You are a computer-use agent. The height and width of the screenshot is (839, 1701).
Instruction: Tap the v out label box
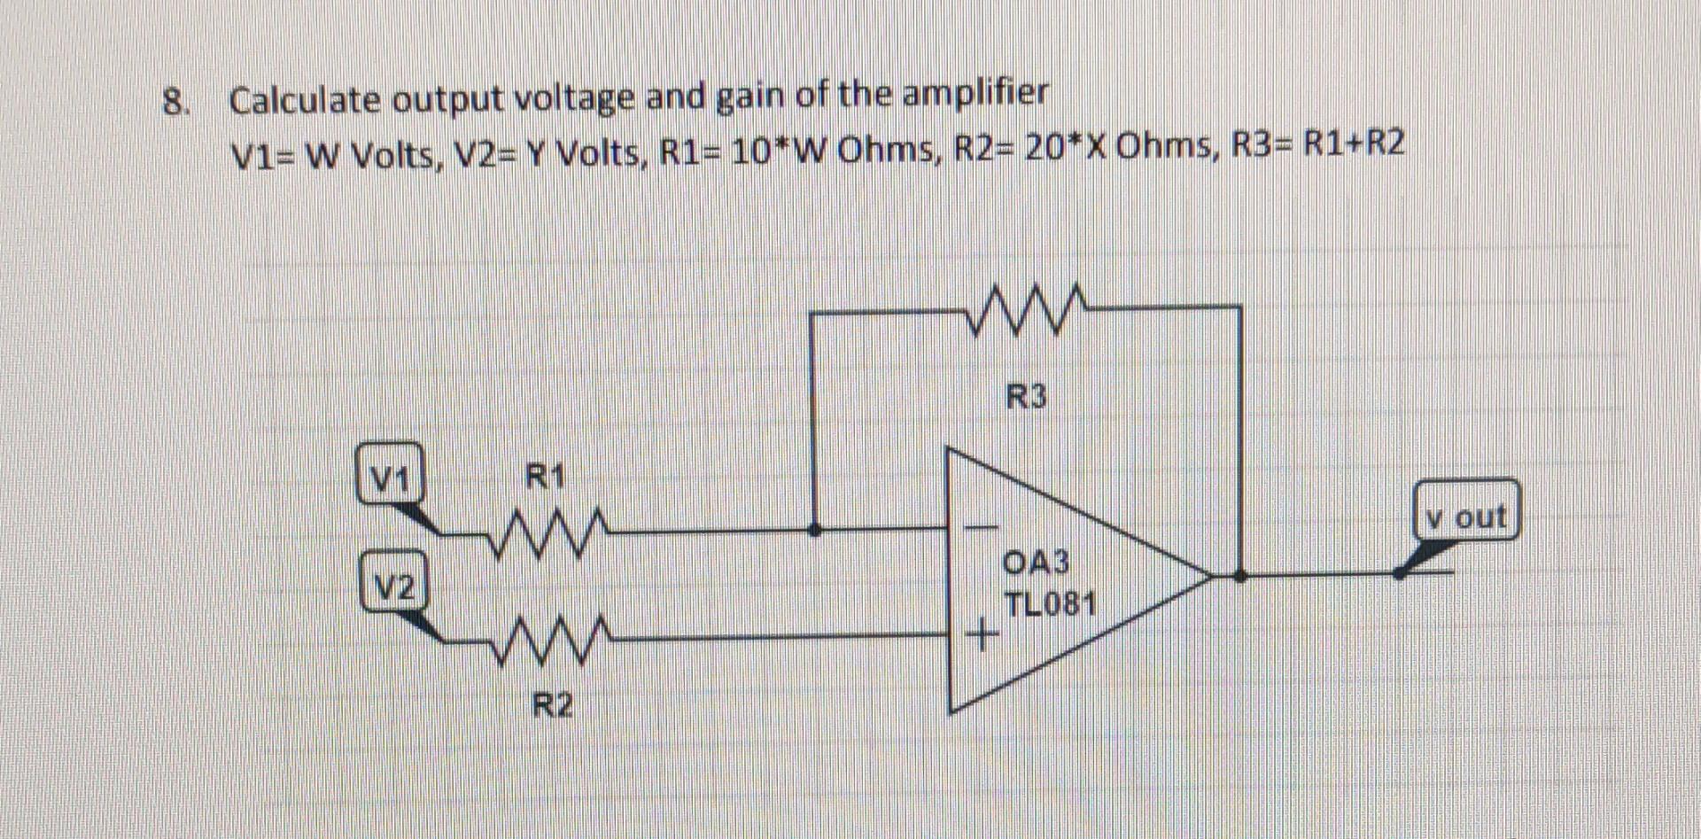(1466, 511)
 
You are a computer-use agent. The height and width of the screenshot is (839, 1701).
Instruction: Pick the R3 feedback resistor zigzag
(1024, 309)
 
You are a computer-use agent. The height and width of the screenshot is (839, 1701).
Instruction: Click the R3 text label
(1026, 396)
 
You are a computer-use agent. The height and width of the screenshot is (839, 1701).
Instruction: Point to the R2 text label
(552, 706)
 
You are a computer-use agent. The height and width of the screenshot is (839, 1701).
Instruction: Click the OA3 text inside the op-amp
(1036, 562)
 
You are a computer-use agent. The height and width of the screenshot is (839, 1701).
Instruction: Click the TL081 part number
(1050, 604)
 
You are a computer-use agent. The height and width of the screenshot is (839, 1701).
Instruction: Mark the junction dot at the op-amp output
(1240, 575)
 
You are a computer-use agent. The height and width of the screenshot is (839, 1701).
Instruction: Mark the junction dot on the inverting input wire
(815, 530)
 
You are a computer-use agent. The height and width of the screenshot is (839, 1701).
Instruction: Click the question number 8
(175, 102)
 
